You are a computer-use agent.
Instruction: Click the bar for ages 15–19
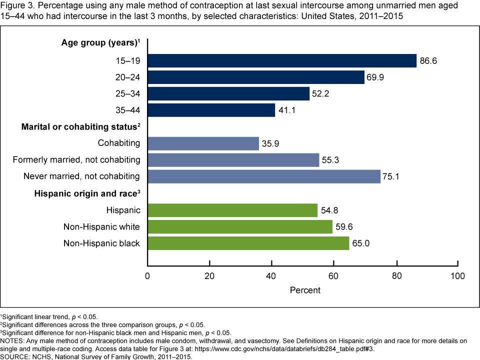pos(282,60)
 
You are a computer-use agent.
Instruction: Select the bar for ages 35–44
pos(211,110)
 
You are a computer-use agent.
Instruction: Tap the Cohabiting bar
pos(203,143)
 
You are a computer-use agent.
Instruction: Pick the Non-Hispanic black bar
pos(248,243)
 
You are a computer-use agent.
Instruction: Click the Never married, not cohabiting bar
pos(264,176)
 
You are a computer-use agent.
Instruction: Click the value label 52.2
pos(320,94)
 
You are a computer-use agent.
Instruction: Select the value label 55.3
pos(330,160)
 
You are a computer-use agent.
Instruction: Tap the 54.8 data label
pos(328,210)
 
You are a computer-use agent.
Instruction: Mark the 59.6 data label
pos(343,227)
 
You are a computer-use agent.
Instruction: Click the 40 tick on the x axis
pos(271,276)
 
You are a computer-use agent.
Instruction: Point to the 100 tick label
pos(457,276)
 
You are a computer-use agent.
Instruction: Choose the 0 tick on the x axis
pos(147,276)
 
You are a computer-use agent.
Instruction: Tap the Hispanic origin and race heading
pos(86,193)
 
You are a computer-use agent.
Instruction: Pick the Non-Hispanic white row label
pos(101,227)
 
